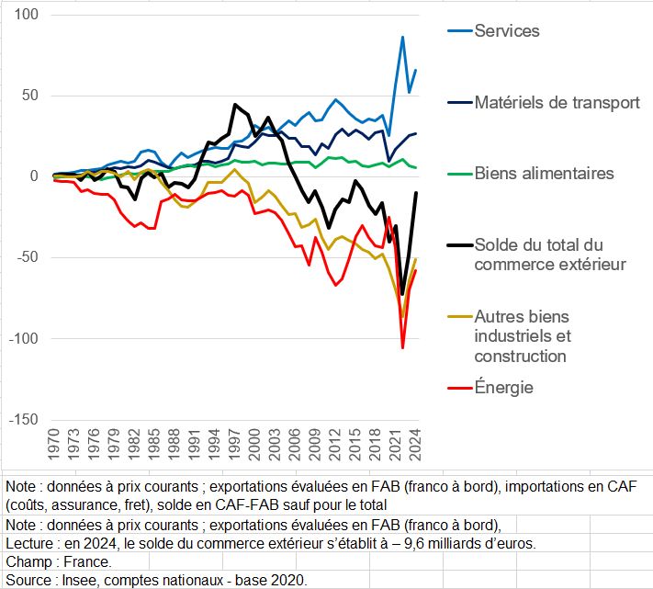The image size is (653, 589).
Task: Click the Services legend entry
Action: (506, 31)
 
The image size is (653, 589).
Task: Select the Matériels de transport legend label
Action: (557, 102)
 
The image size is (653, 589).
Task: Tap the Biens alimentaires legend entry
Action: (544, 173)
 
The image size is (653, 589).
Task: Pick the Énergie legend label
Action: (503, 388)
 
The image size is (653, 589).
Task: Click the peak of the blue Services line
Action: (402, 38)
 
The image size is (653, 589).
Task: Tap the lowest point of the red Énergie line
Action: (402, 347)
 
